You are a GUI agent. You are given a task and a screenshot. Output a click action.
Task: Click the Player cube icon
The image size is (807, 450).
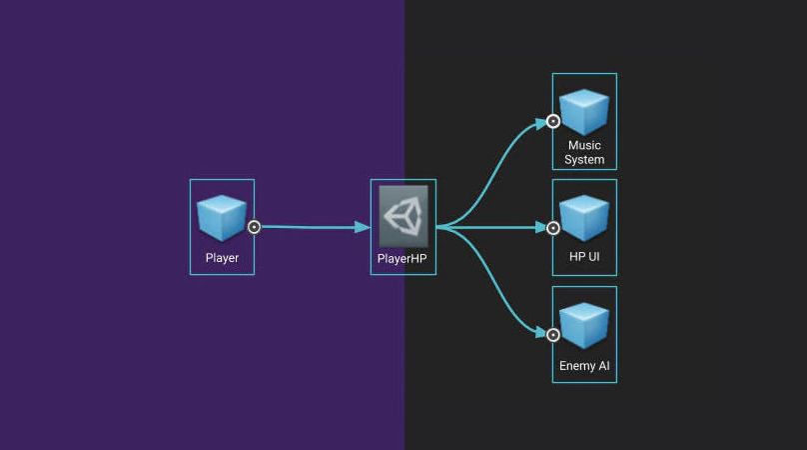(222, 218)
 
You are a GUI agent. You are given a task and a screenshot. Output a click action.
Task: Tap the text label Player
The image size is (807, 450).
(222, 258)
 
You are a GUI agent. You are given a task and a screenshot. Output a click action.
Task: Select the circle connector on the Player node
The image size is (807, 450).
(254, 227)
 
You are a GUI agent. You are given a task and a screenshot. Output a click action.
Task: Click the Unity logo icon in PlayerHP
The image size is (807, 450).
(403, 216)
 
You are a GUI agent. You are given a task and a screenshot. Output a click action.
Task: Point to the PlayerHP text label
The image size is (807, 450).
(403, 258)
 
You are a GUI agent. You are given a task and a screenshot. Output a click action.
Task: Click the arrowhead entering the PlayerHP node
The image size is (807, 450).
(363, 227)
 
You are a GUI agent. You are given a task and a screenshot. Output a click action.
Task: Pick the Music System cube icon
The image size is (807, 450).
(584, 112)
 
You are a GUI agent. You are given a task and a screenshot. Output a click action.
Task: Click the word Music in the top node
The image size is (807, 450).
(584, 146)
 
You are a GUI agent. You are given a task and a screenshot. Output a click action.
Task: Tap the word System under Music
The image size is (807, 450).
(584, 160)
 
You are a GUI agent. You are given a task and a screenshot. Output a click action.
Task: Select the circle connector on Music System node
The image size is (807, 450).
(553, 122)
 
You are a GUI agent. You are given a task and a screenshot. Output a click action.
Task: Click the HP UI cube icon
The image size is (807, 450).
(584, 218)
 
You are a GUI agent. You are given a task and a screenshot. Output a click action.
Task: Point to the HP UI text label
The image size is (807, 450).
(584, 258)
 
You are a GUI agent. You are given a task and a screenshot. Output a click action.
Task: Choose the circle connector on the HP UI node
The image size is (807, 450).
(553, 228)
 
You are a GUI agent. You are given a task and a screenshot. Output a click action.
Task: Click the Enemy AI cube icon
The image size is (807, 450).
(584, 326)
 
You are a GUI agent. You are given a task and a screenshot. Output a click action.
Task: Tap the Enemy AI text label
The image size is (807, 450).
(584, 366)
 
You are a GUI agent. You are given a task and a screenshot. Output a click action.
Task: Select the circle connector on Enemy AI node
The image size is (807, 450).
(553, 333)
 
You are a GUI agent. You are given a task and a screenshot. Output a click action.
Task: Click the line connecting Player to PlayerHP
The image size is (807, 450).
(305, 227)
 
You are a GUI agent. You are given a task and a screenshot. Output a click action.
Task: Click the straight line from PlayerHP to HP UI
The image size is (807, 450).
(494, 228)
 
